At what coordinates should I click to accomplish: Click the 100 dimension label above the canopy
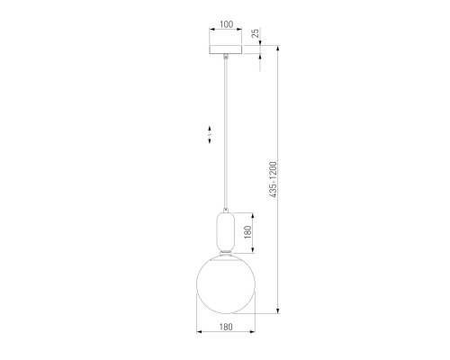pyautogui.click(x=227, y=24)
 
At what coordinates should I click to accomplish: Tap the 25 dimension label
pyautogui.click(x=255, y=33)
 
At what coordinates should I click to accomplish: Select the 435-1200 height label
pyautogui.click(x=273, y=180)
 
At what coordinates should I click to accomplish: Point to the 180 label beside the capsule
pyautogui.click(x=247, y=232)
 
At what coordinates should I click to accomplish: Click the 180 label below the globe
pyautogui.click(x=226, y=327)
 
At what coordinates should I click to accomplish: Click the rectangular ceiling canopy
pyautogui.click(x=226, y=49)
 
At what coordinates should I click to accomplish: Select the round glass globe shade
pyautogui.click(x=226, y=284)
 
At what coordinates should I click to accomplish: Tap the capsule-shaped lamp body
pyautogui.click(x=226, y=230)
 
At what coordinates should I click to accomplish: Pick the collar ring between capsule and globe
pyautogui.click(x=226, y=251)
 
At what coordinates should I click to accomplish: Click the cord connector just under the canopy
pyautogui.click(x=226, y=57)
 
